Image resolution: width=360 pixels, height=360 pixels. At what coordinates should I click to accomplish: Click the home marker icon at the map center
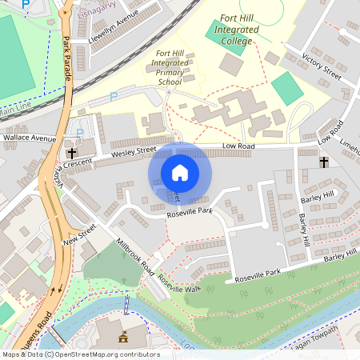click(180, 172)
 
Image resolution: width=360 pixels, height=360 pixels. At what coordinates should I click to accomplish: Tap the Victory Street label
click(322, 67)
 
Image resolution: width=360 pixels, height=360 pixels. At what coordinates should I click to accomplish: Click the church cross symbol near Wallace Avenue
click(71, 152)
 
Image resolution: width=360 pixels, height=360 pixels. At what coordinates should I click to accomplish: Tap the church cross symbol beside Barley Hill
click(324, 162)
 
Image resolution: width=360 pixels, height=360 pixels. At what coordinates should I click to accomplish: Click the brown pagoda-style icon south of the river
click(123, 334)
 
